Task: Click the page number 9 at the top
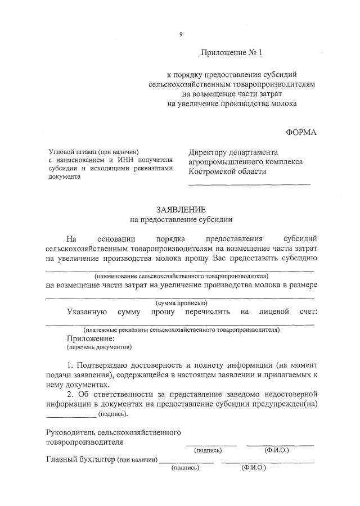pyautogui.click(x=181, y=34)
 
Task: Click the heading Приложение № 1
pyautogui.click(x=232, y=53)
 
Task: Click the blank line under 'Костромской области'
pyautogui.click(x=249, y=184)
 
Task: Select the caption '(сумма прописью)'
pyautogui.click(x=181, y=302)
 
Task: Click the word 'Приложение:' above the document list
pyautogui.click(x=90, y=339)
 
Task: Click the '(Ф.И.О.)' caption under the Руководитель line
pyautogui.click(x=276, y=450)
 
